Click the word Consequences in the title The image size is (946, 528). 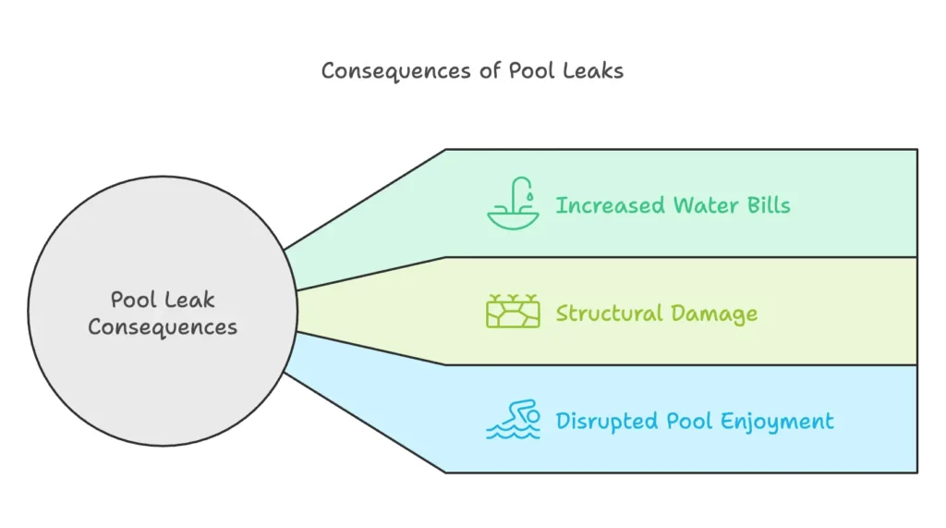(x=395, y=71)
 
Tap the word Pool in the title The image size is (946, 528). (x=531, y=70)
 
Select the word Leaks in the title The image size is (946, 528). (x=593, y=70)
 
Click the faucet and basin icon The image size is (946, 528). (x=513, y=203)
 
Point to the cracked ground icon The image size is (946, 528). (x=513, y=312)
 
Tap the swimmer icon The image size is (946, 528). (x=513, y=419)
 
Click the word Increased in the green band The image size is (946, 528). (x=610, y=205)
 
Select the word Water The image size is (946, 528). (x=706, y=205)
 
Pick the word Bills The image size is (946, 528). (x=769, y=205)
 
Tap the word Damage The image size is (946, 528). (x=714, y=314)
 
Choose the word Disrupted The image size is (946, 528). (x=606, y=421)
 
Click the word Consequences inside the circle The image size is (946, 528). (x=163, y=327)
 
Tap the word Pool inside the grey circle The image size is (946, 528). (x=133, y=300)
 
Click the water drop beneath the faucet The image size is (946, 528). (x=529, y=196)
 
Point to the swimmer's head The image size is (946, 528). (x=533, y=416)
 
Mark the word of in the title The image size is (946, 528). (x=490, y=70)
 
